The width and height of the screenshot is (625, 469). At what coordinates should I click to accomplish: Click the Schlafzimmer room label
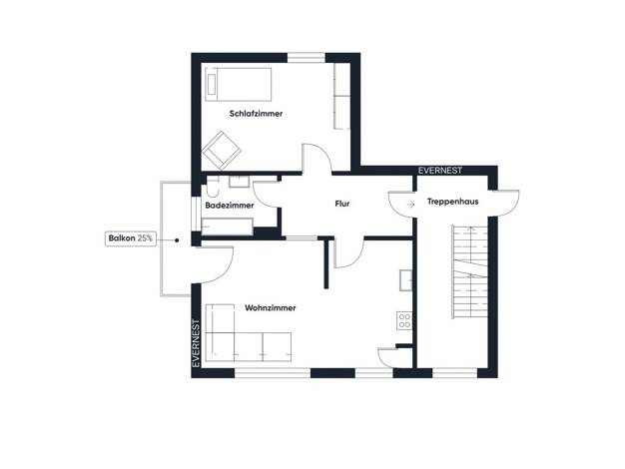[256, 114]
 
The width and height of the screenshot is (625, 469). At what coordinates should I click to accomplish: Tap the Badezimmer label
[230, 206]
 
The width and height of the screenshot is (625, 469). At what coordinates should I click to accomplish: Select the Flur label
[342, 204]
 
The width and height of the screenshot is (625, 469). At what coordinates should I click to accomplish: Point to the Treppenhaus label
[453, 202]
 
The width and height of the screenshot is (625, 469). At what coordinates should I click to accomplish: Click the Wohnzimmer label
[271, 308]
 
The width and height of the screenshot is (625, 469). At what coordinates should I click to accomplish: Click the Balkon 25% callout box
[131, 238]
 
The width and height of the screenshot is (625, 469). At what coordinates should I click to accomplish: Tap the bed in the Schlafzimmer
[238, 85]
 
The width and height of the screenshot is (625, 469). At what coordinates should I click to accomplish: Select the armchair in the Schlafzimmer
[222, 151]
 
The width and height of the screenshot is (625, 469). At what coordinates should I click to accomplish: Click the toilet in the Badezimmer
[213, 188]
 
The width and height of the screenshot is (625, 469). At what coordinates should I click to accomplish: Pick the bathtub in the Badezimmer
[228, 227]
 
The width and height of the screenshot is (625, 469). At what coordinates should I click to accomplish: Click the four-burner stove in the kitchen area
[404, 321]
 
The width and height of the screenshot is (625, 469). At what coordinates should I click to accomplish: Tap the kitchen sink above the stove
[405, 280]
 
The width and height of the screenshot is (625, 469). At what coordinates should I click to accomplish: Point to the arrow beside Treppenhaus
[411, 205]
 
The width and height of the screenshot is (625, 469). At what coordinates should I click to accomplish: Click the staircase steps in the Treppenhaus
[469, 272]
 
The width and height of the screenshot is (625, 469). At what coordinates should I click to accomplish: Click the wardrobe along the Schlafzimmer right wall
[342, 96]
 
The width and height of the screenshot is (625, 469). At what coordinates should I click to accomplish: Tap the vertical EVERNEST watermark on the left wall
[196, 343]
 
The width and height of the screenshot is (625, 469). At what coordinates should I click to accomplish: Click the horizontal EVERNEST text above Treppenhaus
[440, 171]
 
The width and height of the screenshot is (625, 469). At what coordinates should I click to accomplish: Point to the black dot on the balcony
[177, 240]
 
